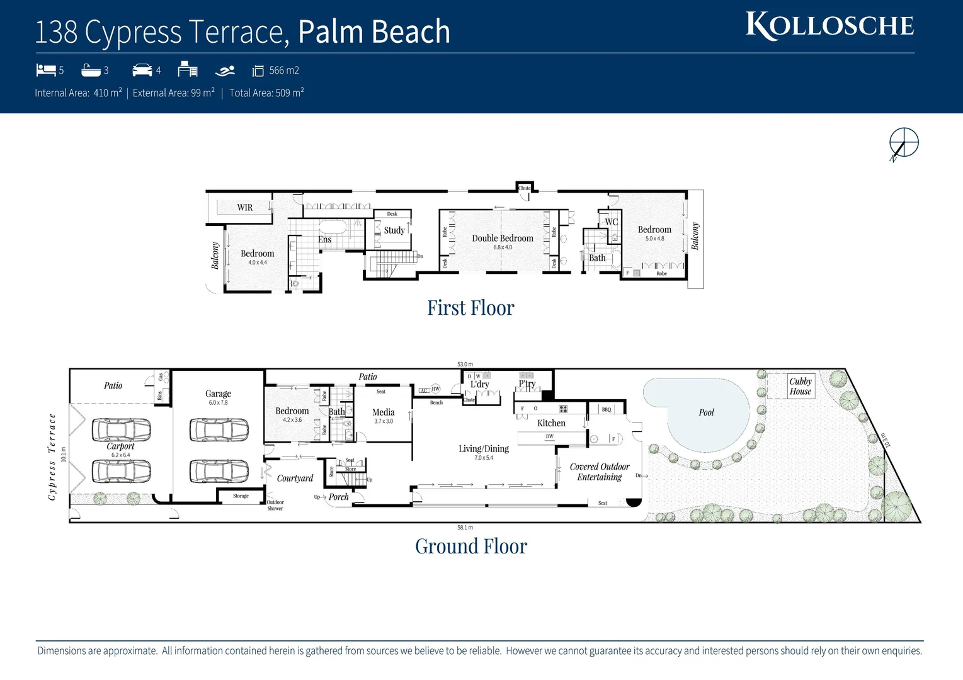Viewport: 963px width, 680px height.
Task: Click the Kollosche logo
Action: point(829,26)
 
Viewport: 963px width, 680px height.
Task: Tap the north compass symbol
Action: point(904,142)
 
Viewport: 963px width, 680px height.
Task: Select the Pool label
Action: point(706,412)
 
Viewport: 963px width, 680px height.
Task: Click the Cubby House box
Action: point(800,386)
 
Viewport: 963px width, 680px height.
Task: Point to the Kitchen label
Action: point(551,423)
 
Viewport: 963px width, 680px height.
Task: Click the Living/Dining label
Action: point(484,449)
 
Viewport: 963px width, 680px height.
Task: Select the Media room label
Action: point(383,412)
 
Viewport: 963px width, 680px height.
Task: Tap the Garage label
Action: point(218,394)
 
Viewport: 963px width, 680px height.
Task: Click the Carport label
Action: point(120,446)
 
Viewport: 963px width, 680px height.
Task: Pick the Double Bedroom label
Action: point(503,238)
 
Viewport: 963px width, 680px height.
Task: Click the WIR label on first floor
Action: point(245,207)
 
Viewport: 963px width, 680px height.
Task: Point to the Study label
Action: point(394,230)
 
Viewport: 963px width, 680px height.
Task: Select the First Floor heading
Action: point(470,308)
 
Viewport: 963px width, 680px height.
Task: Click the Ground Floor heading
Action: point(470,546)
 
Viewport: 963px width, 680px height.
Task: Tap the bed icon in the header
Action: point(46,69)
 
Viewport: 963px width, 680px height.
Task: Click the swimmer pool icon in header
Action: point(225,71)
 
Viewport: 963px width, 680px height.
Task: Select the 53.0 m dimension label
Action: point(465,364)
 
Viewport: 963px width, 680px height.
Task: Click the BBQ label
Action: point(606,409)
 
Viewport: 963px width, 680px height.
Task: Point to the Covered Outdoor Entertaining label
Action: point(600,472)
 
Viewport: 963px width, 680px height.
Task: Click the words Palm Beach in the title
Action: point(374,31)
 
